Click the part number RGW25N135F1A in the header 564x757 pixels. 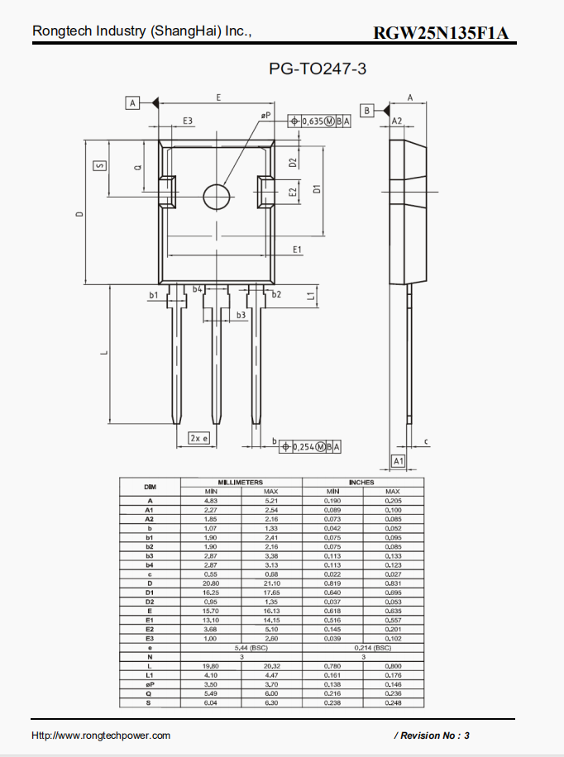[441, 33]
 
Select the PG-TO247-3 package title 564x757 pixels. [318, 69]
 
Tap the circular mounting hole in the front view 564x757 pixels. [217, 196]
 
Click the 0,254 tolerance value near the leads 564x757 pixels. [304, 447]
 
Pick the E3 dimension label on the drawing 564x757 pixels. [188, 121]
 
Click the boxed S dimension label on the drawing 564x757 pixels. [100, 164]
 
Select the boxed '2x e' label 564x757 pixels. [198, 438]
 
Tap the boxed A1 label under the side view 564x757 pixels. [399, 460]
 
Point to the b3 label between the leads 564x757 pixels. [241, 315]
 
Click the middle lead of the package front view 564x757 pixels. [217, 364]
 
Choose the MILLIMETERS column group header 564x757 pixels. [241, 482]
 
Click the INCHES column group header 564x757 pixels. [361, 482]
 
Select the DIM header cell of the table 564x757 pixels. [150, 487]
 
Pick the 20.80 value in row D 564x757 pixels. [210, 583]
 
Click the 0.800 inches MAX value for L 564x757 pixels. [393, 665]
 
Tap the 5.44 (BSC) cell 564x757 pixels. [241, 647]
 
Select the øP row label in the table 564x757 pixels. [150, 684]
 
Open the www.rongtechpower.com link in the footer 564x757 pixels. [101, 735]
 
